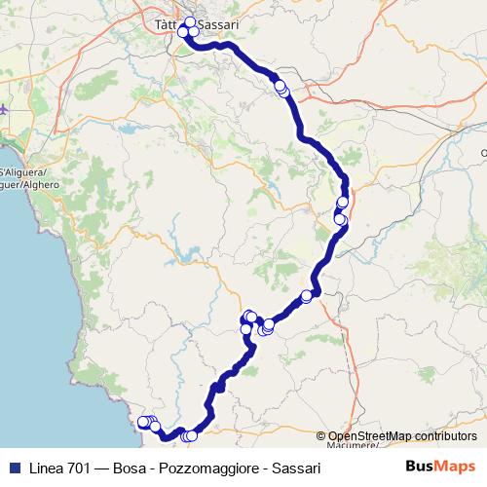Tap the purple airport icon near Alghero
pos(4,110)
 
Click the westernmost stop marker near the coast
pos(142,422)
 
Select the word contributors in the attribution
pos(445,436)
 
